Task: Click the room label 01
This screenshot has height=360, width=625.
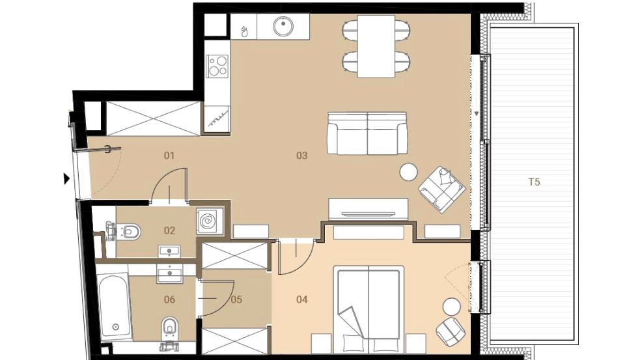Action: point(169,156)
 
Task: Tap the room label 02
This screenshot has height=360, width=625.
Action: point(169,230)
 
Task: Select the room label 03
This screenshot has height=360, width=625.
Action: point(301,156)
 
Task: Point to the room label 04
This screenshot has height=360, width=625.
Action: point(301,299)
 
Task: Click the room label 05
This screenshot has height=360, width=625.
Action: point(236,299)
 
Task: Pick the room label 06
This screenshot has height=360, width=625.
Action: point(169,299)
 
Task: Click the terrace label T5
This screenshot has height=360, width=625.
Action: point(534,182)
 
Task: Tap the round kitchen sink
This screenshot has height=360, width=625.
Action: point(283,26)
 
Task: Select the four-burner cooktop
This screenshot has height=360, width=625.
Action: point(217,66)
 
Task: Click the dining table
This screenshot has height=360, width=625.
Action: point(376,46)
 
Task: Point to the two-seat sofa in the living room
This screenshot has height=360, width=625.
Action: point(367,133)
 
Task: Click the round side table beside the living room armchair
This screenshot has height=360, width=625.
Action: point(409,173)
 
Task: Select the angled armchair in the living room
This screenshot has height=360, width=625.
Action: point(441,189)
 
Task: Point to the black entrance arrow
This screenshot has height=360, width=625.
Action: point(66,179)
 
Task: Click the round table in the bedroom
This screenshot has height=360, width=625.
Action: point(452,307)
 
